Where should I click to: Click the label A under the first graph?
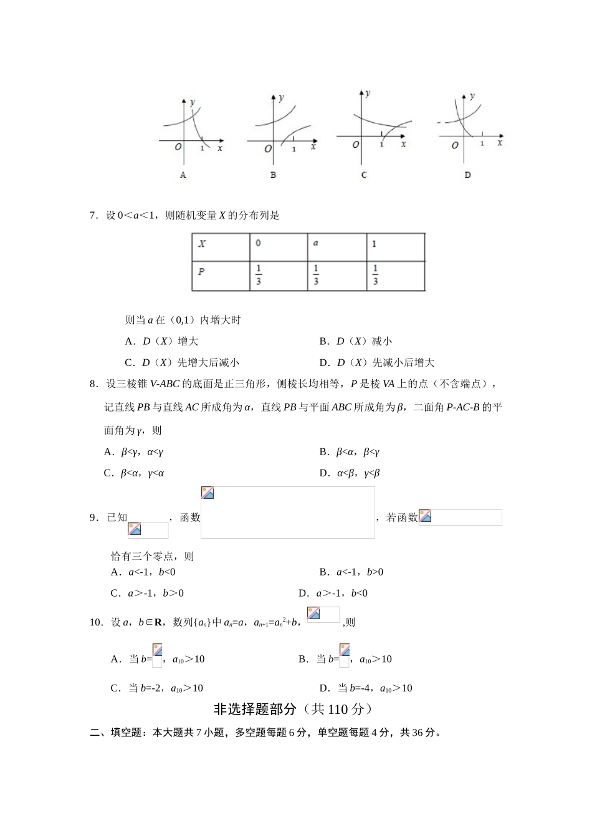click(183, 175)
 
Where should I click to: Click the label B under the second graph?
click(273, 175)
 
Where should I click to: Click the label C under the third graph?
click(364, 175)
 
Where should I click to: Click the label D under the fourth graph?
click(467, 175)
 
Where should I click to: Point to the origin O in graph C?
click(356, 145)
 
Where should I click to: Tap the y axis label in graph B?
click(282, 97)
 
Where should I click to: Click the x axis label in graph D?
click(500, 143)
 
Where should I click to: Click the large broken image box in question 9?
click(288, 513)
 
